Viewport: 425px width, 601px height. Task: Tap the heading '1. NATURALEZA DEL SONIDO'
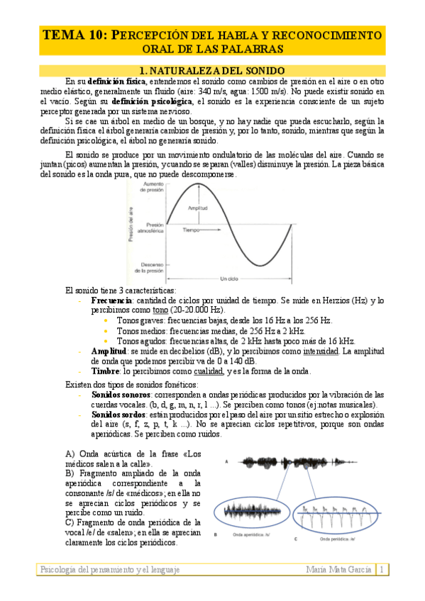point(212,71)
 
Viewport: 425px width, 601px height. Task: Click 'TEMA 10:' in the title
point(75,35)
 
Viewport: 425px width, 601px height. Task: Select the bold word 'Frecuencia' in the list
point(113,300)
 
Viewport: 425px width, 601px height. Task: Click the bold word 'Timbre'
point(106,371)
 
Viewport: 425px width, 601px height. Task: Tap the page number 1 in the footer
point(382,569)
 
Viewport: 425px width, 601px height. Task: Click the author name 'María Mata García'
point(339,569)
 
